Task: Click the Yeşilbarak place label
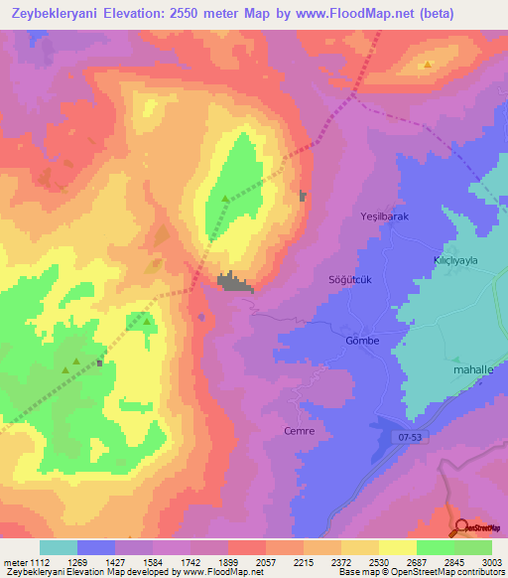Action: click(383, 216)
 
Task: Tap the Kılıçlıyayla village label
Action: click(449, 256)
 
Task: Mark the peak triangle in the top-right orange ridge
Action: click(428, 65)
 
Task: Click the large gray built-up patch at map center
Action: click(235, 283)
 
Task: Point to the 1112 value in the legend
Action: click(37, 561)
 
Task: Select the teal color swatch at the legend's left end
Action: click(58, 547)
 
